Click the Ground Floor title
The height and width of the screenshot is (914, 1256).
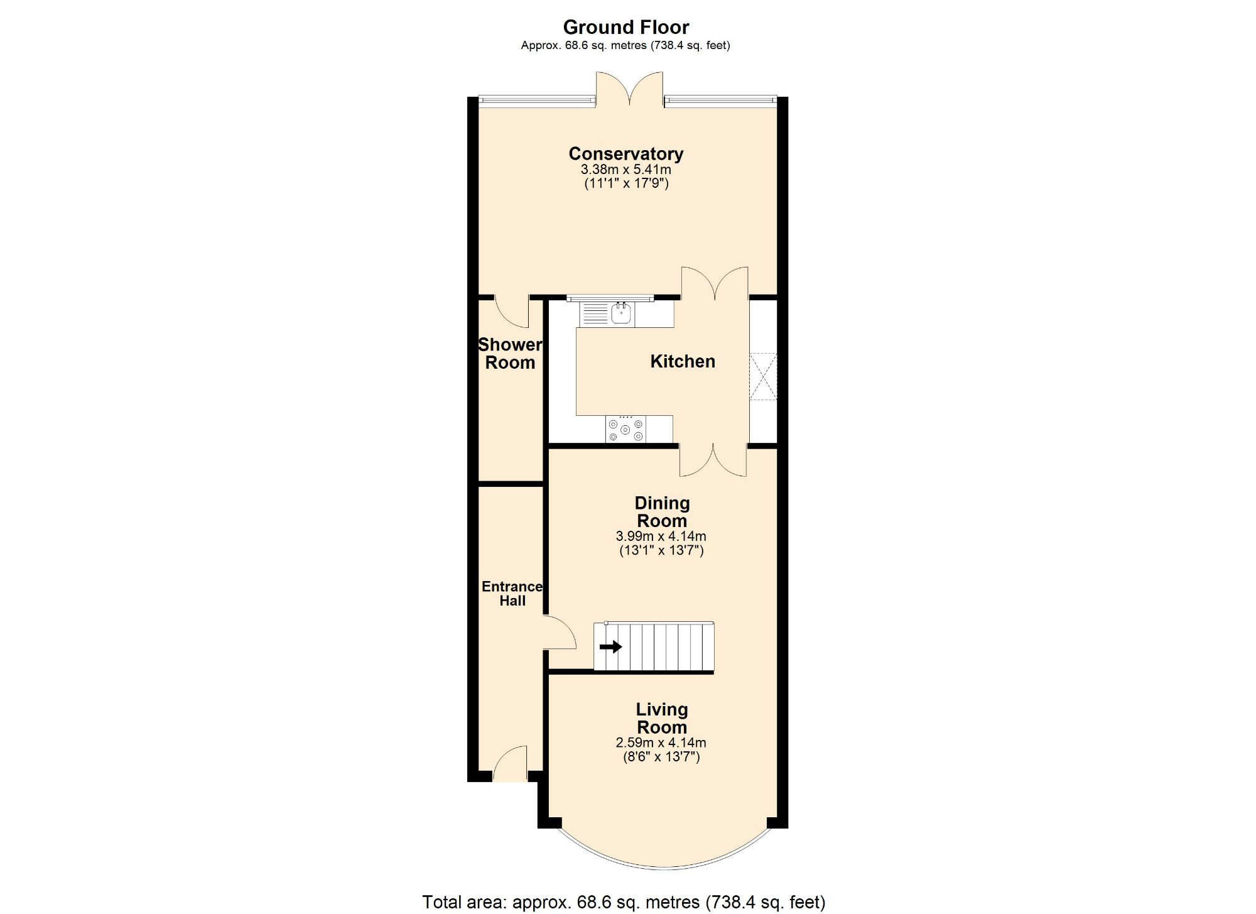625,27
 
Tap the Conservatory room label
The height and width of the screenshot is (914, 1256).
625,153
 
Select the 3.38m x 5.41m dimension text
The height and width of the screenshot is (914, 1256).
625,170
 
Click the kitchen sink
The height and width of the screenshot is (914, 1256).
621,313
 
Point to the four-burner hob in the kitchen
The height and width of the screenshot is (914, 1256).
625,430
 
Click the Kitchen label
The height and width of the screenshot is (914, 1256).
682,361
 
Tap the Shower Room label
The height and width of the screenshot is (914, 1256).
510,354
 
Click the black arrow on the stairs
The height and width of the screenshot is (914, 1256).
610,646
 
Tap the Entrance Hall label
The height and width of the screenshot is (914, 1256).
512,594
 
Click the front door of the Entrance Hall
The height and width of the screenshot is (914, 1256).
510,763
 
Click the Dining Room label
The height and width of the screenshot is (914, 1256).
662,512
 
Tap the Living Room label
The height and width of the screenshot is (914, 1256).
662,718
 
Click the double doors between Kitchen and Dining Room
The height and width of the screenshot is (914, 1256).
713,460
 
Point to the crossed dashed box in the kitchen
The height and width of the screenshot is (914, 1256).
764,377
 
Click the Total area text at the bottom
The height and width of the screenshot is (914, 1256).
623,902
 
